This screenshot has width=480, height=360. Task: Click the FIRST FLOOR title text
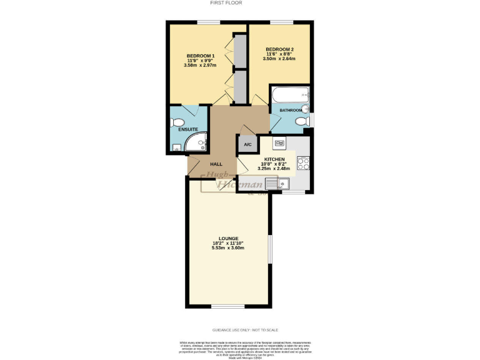coord(239,3)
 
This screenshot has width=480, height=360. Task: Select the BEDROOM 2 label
coord(279,49)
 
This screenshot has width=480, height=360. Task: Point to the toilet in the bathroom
coord(302,121)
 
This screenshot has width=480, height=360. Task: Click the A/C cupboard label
coord(247,144)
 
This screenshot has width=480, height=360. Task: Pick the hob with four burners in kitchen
coord(303,163)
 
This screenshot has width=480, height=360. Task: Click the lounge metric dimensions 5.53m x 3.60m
coord(227,248)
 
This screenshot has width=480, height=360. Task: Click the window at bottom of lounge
coord(227,307)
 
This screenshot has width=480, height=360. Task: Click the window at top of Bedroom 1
coord(208,22)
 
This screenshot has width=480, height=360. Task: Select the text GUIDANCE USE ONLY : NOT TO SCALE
coord(239,329)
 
